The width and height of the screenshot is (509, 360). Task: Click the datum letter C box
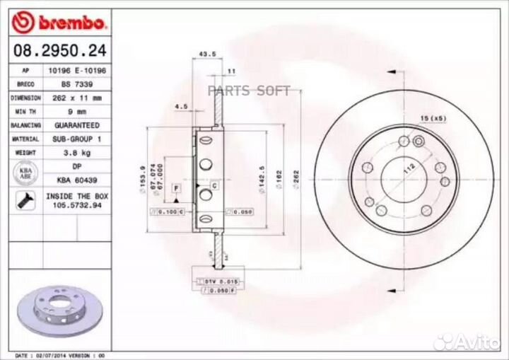click(213, 185)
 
